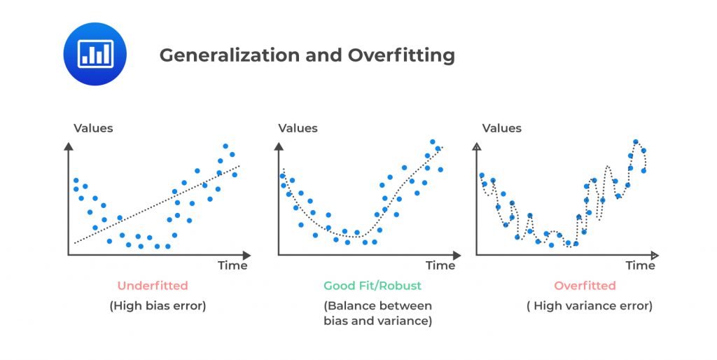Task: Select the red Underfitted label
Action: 152,286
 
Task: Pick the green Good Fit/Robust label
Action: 373,286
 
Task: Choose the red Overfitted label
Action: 585,286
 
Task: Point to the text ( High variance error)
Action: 590,306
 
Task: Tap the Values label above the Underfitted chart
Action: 93,128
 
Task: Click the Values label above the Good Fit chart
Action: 298,128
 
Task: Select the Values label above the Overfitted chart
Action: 502,128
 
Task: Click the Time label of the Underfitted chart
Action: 232,266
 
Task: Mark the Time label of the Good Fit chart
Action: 440,266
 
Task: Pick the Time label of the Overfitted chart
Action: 640,266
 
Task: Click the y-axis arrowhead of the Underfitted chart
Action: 69,146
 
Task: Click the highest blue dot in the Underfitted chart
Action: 225,146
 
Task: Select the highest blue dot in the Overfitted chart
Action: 636,141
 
